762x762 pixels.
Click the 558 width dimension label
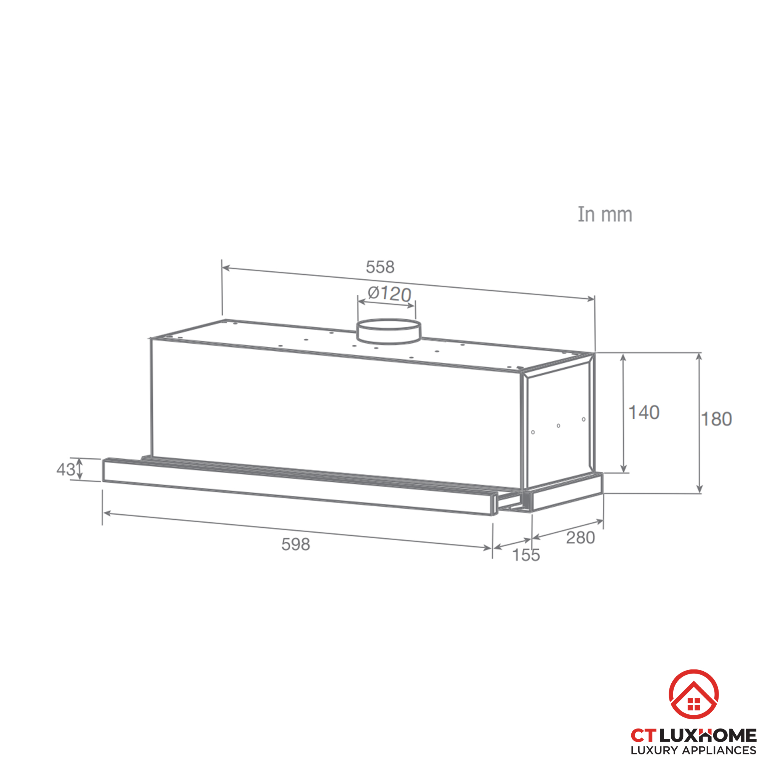coord(380,267)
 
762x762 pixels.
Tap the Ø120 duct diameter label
coord(389,294)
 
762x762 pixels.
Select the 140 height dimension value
coord(644,413)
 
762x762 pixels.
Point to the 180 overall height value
coord(716,419)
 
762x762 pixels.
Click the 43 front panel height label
coord(66,469)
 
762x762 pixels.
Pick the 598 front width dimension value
coord(296,545)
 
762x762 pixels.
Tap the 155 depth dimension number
coord(526,555)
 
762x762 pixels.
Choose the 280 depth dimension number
coord(581,538)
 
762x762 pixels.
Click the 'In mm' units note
coord(605,215)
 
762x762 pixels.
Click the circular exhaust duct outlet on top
coord(389,332)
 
